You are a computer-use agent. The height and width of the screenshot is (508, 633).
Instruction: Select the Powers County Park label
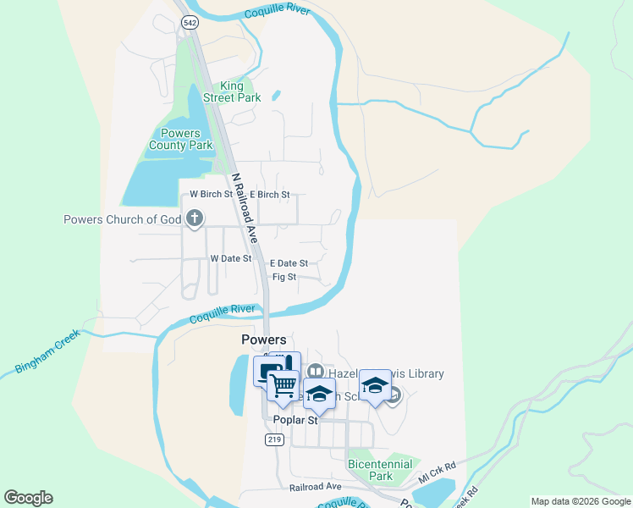pos(180,139)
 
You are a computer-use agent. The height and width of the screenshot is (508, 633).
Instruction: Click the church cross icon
pos(195,219)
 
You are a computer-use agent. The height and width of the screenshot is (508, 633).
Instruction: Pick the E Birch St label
pos(270,194)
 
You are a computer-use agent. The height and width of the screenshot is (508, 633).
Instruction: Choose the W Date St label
pos(231,258)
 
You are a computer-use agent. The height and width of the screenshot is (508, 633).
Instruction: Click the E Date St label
pos(289,263)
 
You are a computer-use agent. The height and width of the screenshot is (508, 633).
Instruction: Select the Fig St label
pos(284,277)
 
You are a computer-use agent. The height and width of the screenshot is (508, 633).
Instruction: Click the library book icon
pos(316,372)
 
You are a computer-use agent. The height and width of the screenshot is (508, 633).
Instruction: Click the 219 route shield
pos(273,439)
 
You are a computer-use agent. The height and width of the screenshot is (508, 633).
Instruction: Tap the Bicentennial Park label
pos(381,470)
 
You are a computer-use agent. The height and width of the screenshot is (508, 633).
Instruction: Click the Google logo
pos(28,498)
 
